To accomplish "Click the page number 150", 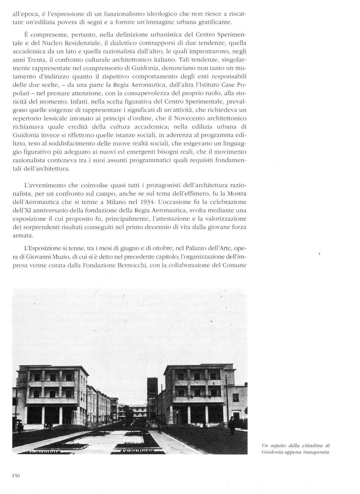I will click(x=16, y=475).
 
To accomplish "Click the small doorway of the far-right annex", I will click(x=237, y=417).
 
